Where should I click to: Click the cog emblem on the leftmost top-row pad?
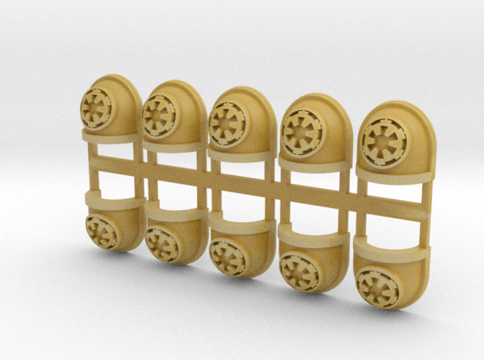click(95, 108)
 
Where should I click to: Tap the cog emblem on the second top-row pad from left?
click(159, 115)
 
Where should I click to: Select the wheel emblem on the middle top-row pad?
click(226, 123)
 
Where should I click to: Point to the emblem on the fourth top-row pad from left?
click(301, 132)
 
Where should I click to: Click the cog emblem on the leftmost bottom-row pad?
click(102, 232)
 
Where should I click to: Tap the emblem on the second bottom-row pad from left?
click(162, 243)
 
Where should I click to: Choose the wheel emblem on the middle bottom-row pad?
click(228, 257)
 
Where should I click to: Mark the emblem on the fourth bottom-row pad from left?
click(299, 272)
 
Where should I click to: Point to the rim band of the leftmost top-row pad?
click(109, 135)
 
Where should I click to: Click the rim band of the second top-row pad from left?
click(174, 145)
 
